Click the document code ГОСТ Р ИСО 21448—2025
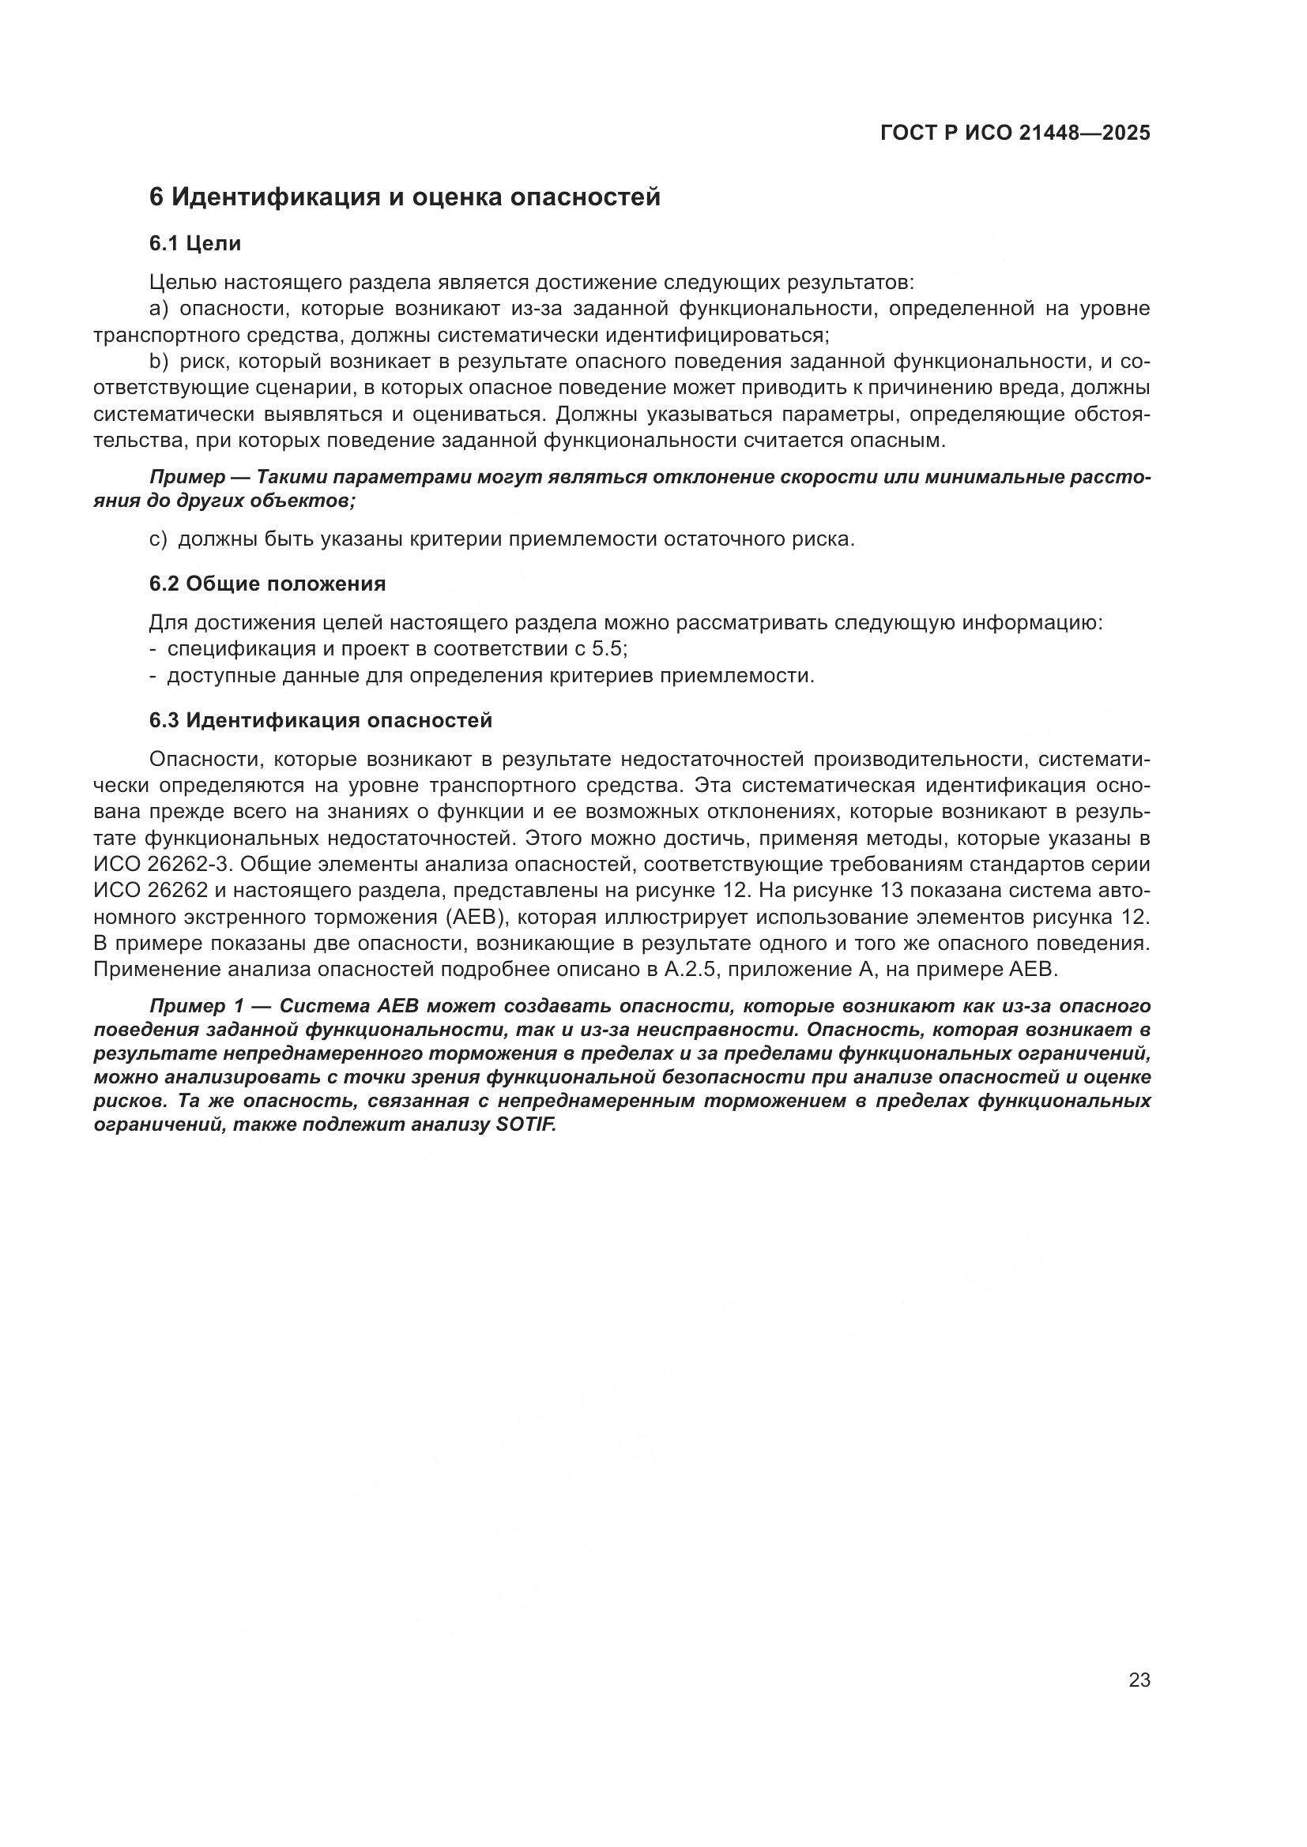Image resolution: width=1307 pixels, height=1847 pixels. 1015,133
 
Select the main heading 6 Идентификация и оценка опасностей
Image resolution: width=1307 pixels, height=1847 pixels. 405,197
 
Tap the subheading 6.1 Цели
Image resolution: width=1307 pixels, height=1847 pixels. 195,243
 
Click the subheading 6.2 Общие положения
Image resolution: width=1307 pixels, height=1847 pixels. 267,584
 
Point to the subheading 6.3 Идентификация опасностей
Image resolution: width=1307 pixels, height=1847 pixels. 320,720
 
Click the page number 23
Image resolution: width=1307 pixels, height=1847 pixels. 1139,1680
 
